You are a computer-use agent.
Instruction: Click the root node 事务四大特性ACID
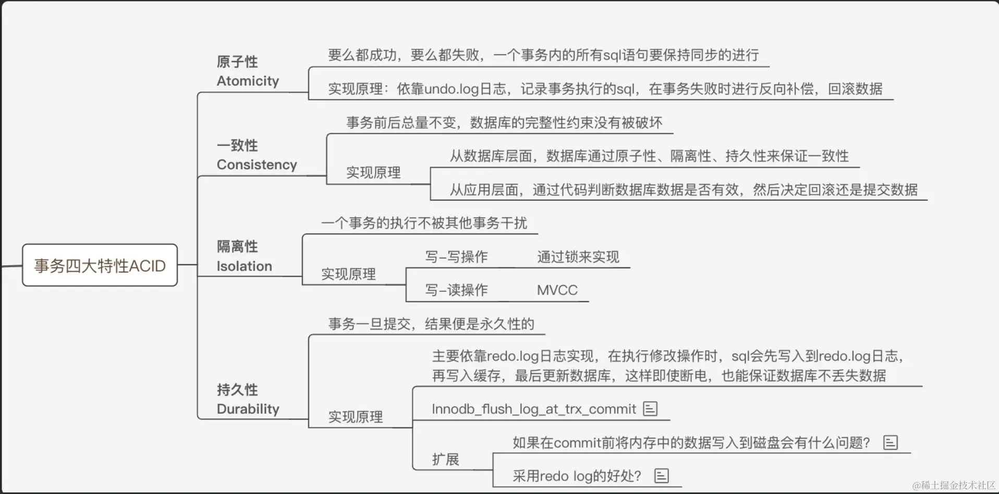tap(100, 266)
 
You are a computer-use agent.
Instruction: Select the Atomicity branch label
tap(248, 71)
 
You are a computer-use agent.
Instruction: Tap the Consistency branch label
tap(257, 155)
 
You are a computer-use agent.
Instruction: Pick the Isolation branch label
tap(244, 256)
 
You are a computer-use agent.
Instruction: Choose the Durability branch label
tap(248, 399)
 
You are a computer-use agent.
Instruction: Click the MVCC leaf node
tap(557, 290)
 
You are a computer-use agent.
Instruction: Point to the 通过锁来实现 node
tap(578, 257)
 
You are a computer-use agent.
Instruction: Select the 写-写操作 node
tap(456, 257)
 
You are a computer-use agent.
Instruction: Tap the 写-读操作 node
tap(456, 290)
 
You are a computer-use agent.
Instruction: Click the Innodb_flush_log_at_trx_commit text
tap(533, 409)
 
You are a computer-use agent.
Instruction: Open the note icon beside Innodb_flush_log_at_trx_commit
tap(650, 409)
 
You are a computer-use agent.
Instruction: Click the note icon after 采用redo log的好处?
tap(662, 476)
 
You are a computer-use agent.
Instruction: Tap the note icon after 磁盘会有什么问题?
tap(891, 442)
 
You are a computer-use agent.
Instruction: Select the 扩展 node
tap(445, 460)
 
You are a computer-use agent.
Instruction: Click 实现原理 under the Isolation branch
tap(348, 274)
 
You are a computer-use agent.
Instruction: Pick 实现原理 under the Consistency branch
tap(373, 173)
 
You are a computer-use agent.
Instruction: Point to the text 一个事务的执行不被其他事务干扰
tap(424, 224)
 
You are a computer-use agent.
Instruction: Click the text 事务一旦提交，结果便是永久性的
tap(431, 324)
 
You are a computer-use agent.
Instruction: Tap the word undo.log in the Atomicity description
tap(452, 89)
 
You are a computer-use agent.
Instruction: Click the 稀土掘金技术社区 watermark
tap(954, 485)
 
